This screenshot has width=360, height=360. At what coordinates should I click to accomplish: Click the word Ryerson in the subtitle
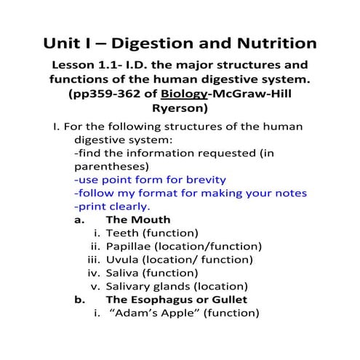point(180,110)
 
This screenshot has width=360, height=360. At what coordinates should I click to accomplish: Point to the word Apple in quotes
point(172,313)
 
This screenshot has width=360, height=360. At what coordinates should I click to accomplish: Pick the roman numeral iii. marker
point(92,259)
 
